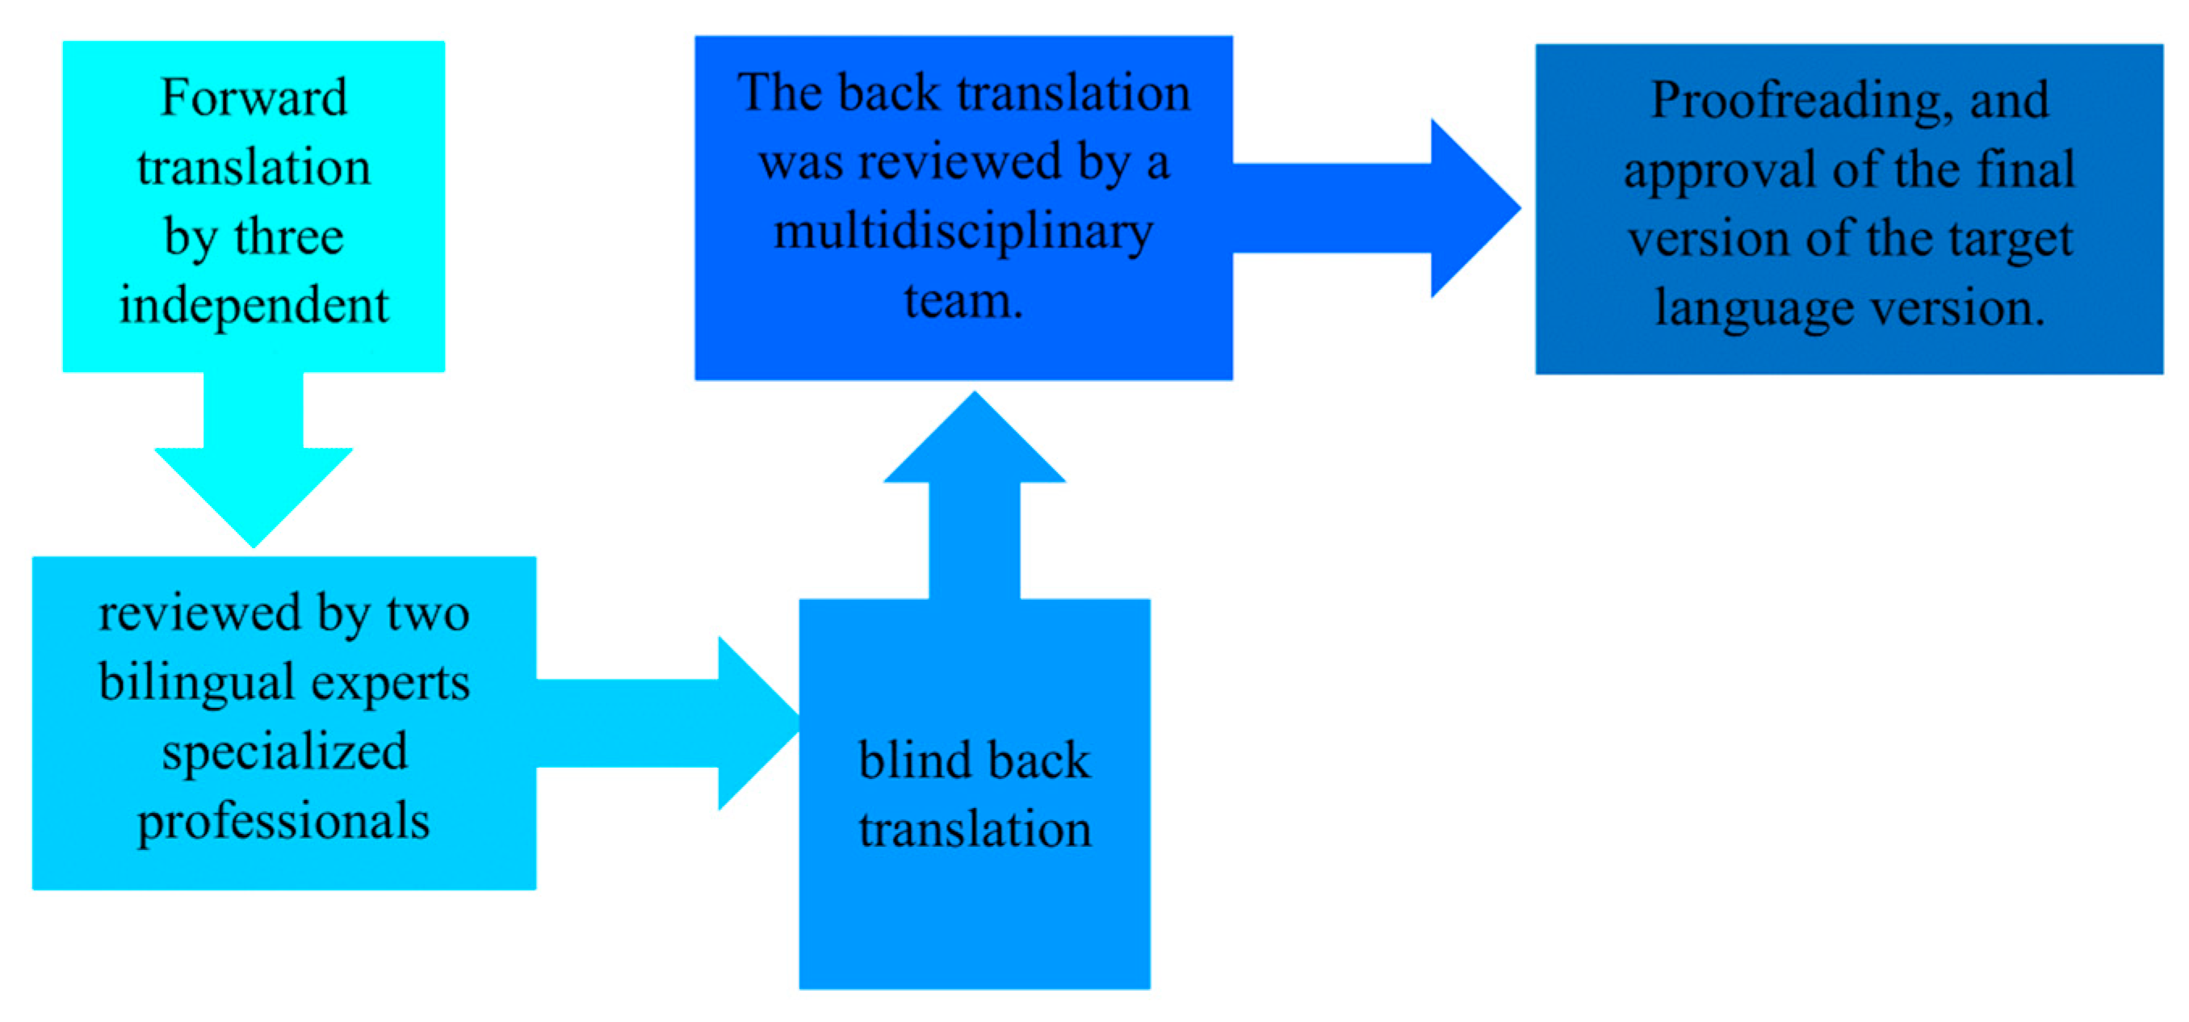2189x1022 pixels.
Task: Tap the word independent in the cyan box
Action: tap(254, 305)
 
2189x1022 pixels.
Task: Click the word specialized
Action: tap(285, 752)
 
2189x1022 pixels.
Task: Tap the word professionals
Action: tap(284, 822)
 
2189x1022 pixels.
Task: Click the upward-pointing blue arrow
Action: tap(975, 501)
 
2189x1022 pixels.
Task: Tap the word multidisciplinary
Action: tap(962, 231)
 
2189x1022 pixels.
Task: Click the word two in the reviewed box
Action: tap(428, 614)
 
